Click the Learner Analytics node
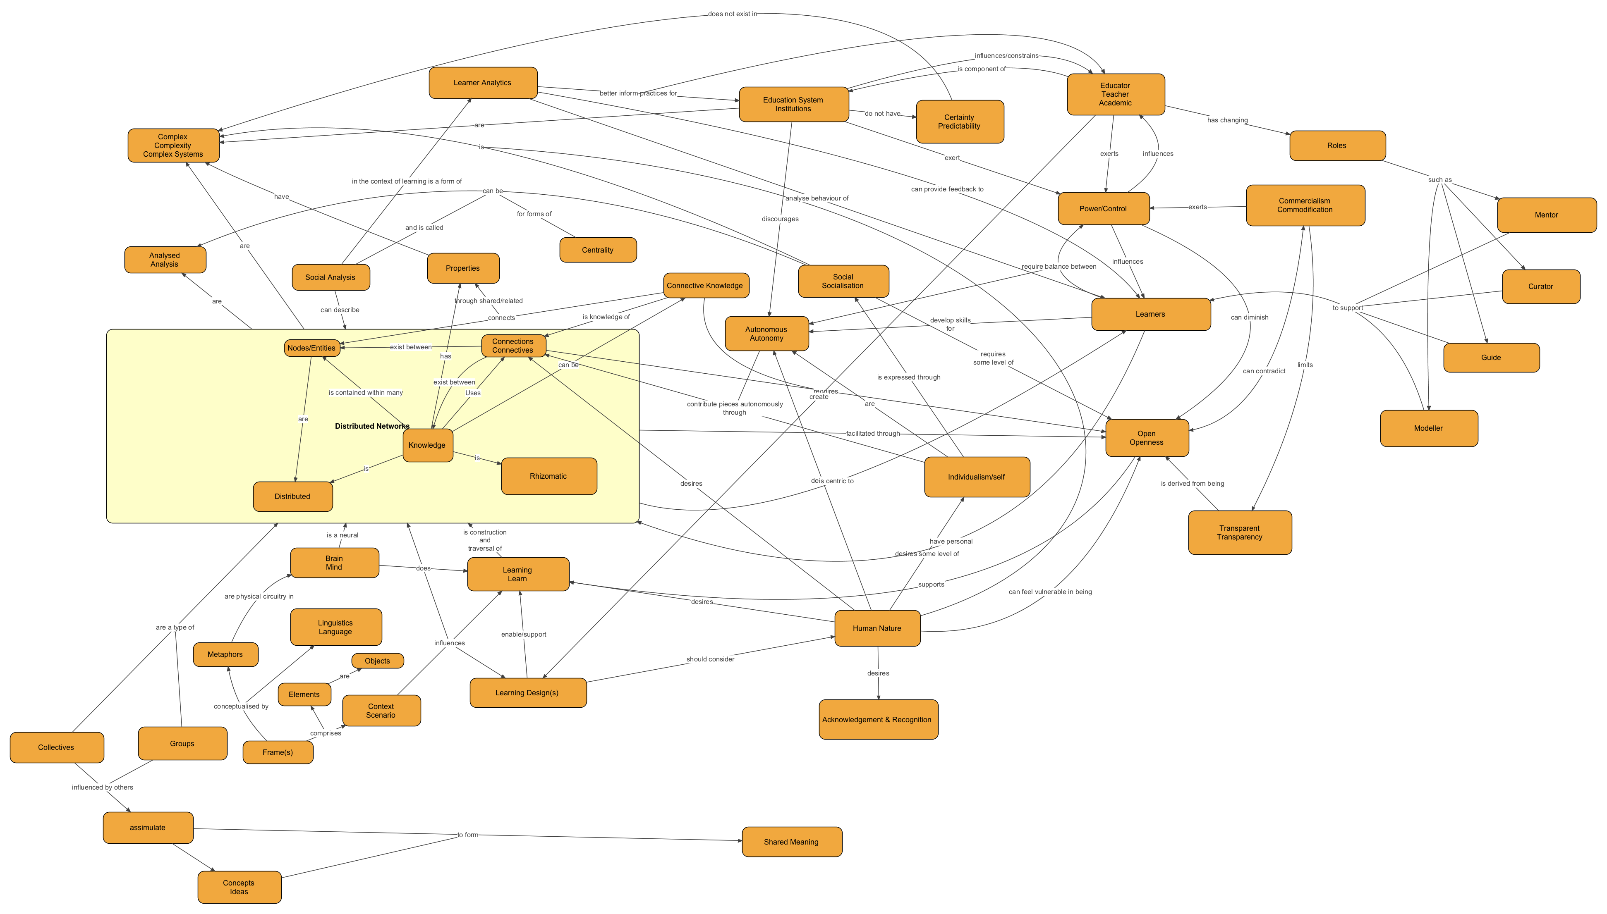click(x=482, y=83)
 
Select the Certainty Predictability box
click(x=959, y=122)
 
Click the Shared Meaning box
click(x=791, y=842)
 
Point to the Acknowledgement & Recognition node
click(x=877, y=719)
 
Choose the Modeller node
click(x=1428, y=429)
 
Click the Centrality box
click(x=597, y=250)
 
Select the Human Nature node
click(x=877, y=628)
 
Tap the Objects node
click(x=377, y=661)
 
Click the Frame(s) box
click(x=278, y=752)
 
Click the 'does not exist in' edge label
click(x=732, y=14)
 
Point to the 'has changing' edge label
click(x=1227, y=120)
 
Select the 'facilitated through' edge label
click(x=872, y=433)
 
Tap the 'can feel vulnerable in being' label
click(x=1050, y=591)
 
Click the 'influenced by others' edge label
click(x=102, y=787)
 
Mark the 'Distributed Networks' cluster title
click(x=372, y=426)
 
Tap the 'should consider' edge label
click(x=710, y=659)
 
